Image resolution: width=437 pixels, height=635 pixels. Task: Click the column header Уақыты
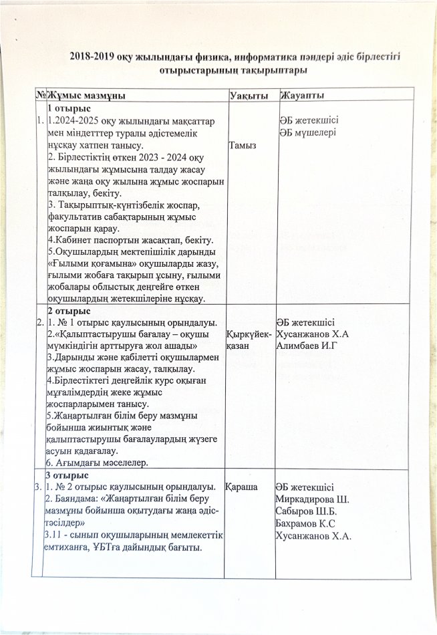[245, 96]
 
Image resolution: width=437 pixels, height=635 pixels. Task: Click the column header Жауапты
[302, 96]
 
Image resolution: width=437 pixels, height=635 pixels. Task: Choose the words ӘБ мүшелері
[307, 132]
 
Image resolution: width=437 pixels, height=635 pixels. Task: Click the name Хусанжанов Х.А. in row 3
[314, 536]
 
